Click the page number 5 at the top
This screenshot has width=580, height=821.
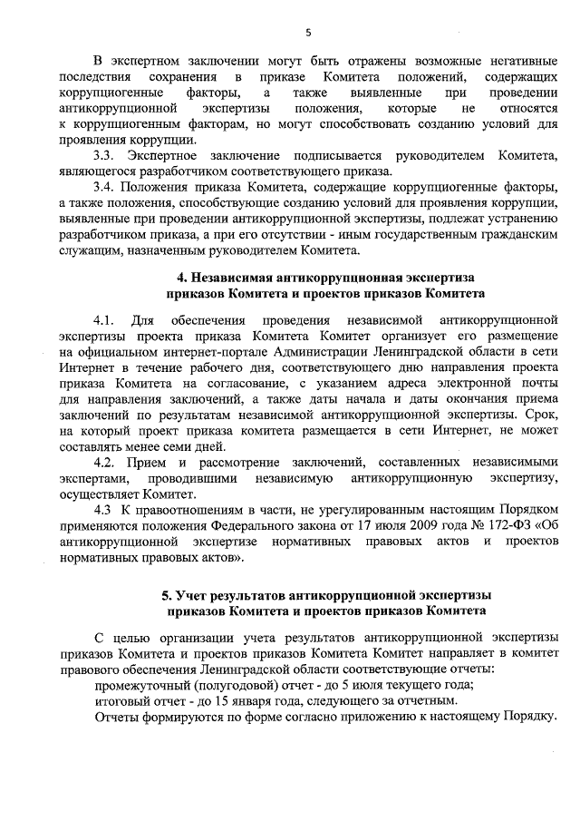coord(307,34)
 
